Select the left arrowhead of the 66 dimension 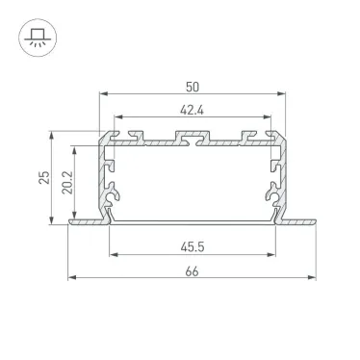(72, 280)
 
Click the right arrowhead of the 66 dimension (315, 280)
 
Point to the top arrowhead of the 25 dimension (51, 134)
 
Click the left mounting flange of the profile (85, 223)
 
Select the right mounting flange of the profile (300, 223)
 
